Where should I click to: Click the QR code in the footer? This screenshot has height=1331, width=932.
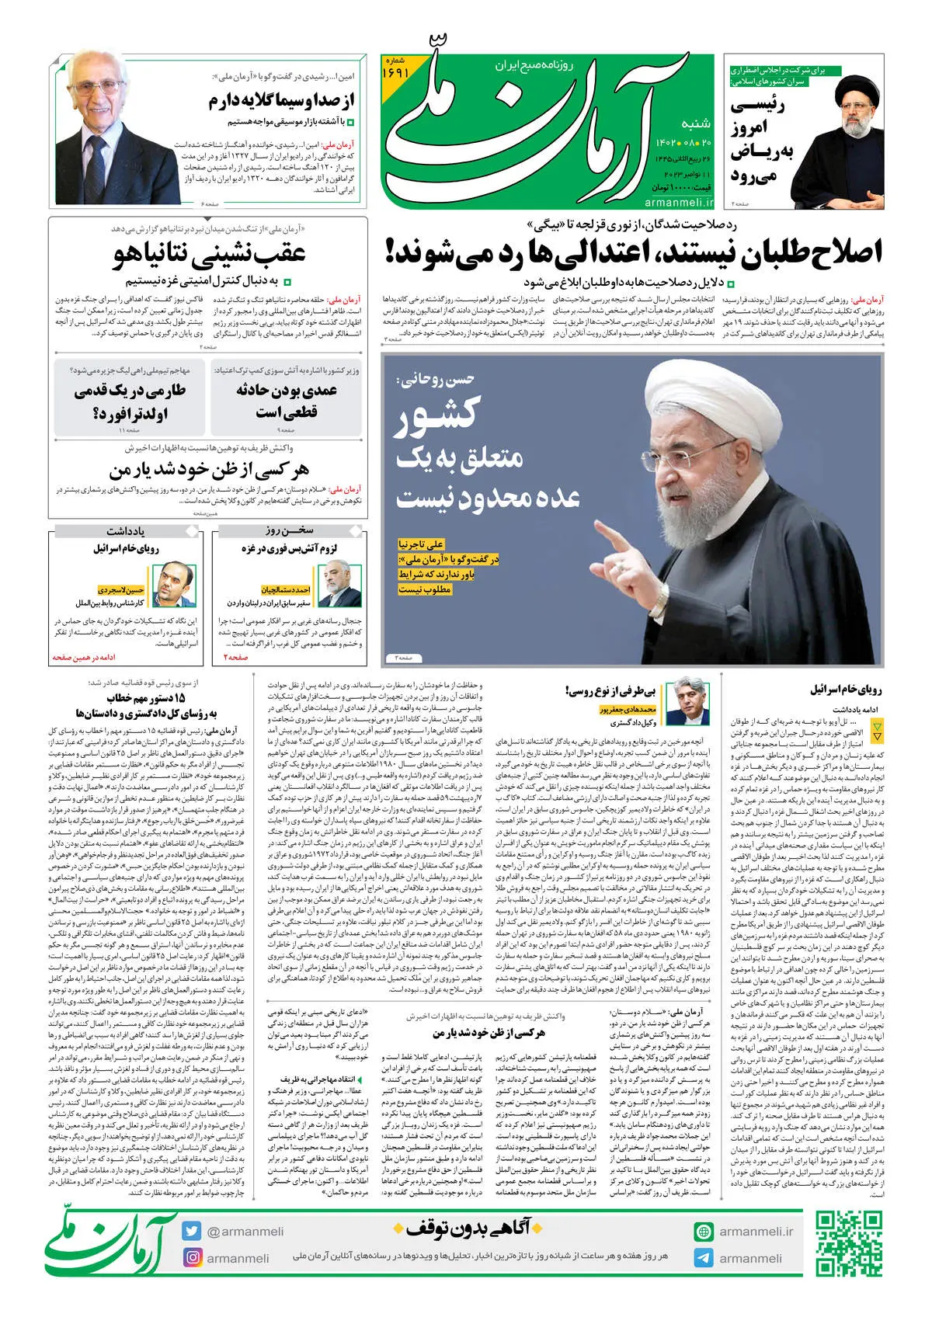848,1242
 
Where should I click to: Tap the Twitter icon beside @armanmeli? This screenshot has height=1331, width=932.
192,1231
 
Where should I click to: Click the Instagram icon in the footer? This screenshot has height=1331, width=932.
192,1257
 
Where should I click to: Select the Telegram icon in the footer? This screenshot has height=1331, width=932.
704,1258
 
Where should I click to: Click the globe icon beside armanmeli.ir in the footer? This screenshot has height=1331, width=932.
704,1232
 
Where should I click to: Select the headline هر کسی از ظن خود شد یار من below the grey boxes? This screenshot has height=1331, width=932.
209,470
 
